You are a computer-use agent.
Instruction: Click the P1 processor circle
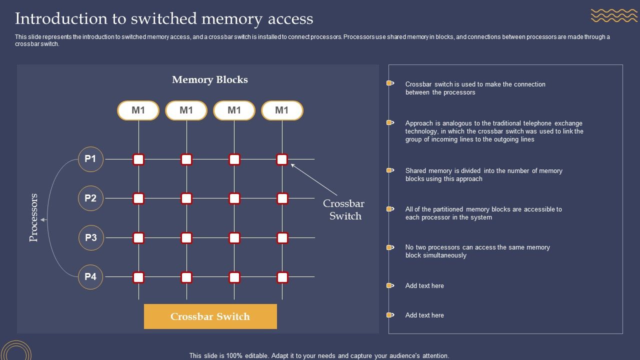click(x=90, y=159)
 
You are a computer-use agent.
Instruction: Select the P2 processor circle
click(x=90, y=198)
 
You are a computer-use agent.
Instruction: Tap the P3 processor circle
click(x=91, y=237)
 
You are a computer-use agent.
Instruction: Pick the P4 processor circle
click(x=90, y=276)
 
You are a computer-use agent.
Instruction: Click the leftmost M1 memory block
click(x=138, y=110)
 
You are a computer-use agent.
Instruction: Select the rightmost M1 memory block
click(x=282, y=110)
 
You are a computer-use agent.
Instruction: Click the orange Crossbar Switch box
click(x=210, y=316)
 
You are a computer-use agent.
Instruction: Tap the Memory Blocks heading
click(x=210, y=80)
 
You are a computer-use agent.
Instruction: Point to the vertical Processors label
click(x=34, y=217)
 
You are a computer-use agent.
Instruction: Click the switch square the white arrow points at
click(x=282, y=159)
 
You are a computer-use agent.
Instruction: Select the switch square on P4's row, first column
click(x=138, y=277)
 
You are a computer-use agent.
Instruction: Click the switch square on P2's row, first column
click(x=138, y=198)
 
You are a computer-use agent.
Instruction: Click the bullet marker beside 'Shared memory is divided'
click(x=390, y=170)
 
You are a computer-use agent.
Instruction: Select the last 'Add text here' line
click(x=424, y=315)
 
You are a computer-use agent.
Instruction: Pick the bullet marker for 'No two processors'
click(x=390, y=247)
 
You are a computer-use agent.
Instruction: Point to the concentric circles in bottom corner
click(x=16, y=350)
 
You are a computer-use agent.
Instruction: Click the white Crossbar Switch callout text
click(x=344, y=210)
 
